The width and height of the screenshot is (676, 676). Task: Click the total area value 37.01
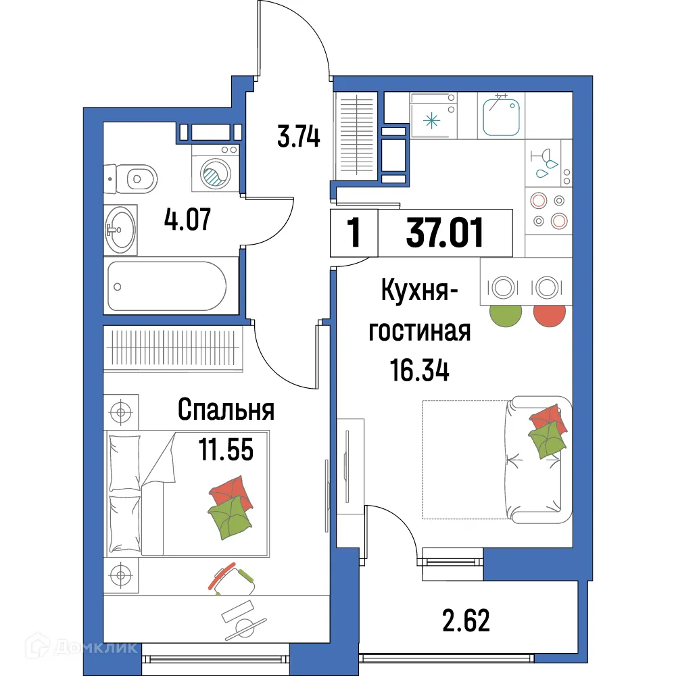tap(445, 234)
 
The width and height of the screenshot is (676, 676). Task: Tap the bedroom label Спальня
tap(225, 409)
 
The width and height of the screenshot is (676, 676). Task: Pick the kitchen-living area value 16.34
tap(419, 370)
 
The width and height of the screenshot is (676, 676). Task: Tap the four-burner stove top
tap(548, 210)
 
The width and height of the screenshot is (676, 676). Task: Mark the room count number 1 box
tap(353, 234)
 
